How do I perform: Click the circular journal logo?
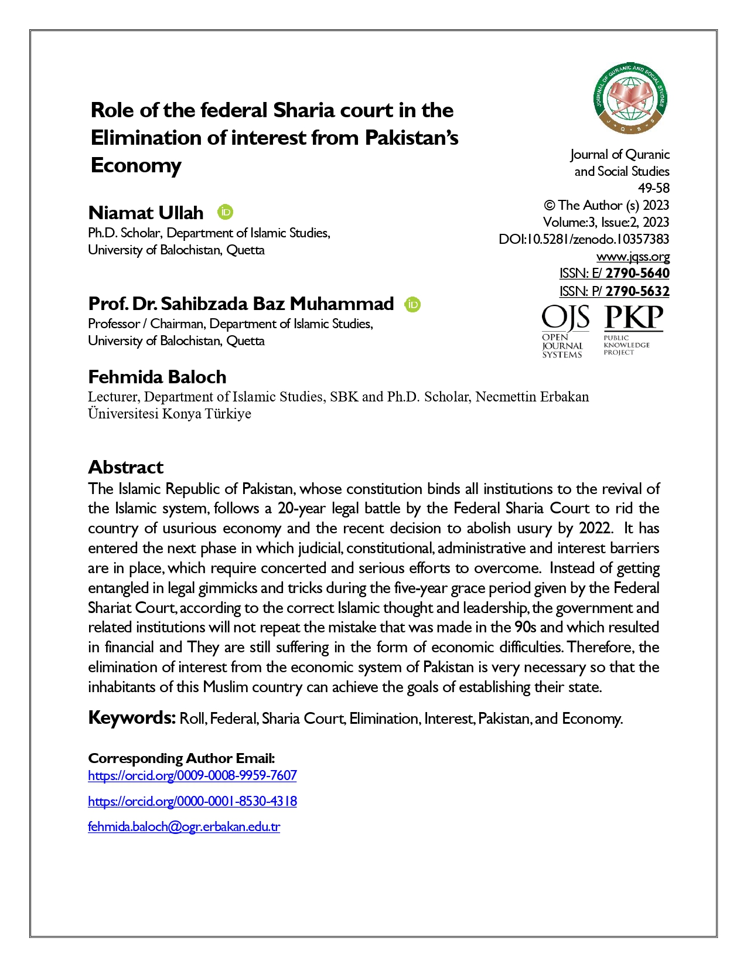tap(630, 98)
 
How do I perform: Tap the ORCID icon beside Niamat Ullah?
tap(226, 212)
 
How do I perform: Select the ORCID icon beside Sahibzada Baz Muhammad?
tap(413, 304)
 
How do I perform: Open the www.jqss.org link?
tap(633, 257)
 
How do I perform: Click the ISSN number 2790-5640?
tap(637, 273)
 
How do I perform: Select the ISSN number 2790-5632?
tap(637, 291)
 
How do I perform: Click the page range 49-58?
tap(653, 188)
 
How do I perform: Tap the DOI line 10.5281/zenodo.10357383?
tap(584, 239)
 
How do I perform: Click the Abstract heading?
tap(125, 467)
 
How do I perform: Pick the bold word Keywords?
tap(132, 718)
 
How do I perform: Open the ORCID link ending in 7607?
tap(192, 775)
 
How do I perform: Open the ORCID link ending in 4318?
tap(192, 801)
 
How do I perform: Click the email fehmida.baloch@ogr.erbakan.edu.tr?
tap(184, 827)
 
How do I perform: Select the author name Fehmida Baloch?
tap(157, 377)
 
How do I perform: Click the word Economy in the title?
tap(136, 165)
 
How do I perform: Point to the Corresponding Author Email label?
tap(182, 758)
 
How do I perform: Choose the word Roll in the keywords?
tap(193, 719)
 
